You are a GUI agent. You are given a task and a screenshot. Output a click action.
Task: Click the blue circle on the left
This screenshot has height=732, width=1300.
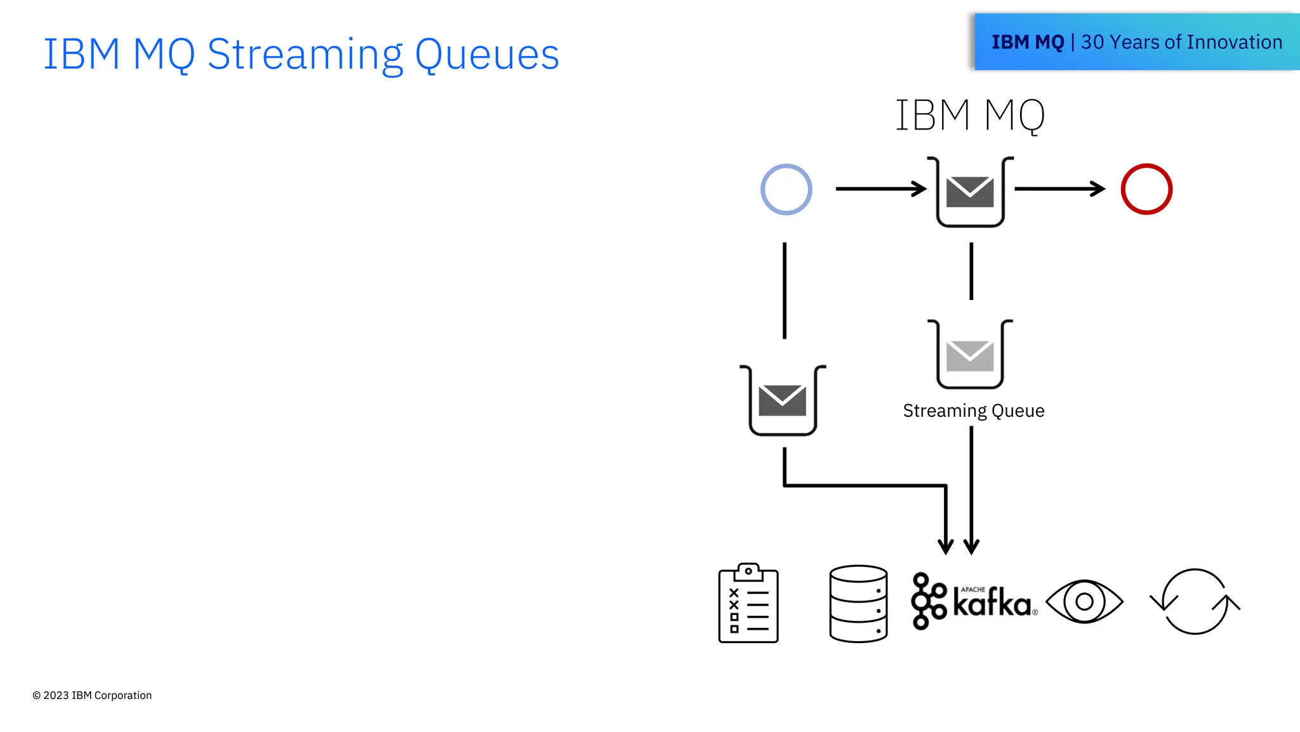(x=786, y=189)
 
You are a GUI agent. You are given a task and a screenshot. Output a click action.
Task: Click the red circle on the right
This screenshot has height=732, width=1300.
(x=1146, y=189)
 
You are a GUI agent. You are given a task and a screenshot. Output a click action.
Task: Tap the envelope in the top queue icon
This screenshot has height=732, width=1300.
(x=969, y=192)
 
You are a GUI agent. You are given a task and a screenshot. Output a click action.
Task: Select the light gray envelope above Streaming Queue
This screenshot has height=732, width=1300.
(x=969, y=356)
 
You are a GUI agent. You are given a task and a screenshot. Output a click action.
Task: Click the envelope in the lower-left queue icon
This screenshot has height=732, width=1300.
(x=782, y=400)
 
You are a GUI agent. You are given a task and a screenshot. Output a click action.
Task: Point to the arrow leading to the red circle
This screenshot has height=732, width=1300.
(x=1059, y=189)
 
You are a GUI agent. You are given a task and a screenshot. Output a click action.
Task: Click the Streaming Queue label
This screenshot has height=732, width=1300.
(x=973, y=411)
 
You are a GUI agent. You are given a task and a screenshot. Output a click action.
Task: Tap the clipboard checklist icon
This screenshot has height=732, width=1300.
(x=748, y=604)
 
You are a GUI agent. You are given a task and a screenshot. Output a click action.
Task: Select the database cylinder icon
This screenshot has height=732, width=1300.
(x=858, y=604)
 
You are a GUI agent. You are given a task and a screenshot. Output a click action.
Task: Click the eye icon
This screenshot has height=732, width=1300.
(x=1084, y=601)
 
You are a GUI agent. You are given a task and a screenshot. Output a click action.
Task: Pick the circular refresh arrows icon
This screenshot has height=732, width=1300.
(x=1195, y=601)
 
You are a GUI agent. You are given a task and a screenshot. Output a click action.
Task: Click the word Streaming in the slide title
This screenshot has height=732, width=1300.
(x=305, y=55)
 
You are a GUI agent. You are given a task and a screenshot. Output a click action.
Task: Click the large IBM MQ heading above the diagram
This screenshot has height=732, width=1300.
(x=969, y=116)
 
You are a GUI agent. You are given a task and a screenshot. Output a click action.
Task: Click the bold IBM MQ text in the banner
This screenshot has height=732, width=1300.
(x=1027, y=43)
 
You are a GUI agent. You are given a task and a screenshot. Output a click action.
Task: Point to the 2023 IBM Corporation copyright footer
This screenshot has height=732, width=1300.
(x=92, y=695)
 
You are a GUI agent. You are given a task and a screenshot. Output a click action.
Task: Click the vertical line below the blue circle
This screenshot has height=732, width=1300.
(x=785, y=290)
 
